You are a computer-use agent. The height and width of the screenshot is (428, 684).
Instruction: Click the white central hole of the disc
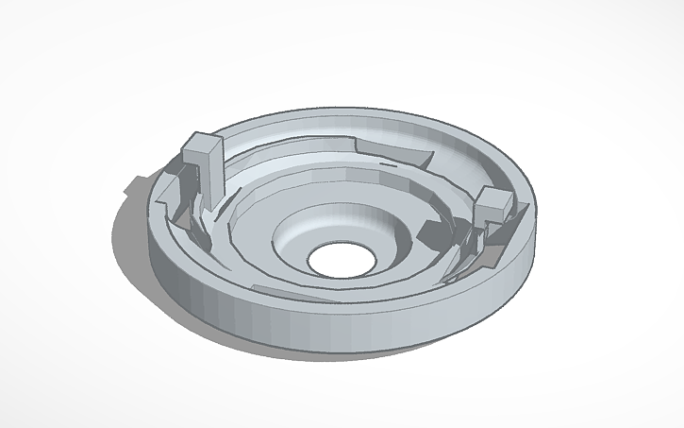click(x=338, y=260)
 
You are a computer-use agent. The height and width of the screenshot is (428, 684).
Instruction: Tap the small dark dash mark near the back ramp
click(x=387, y=163)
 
